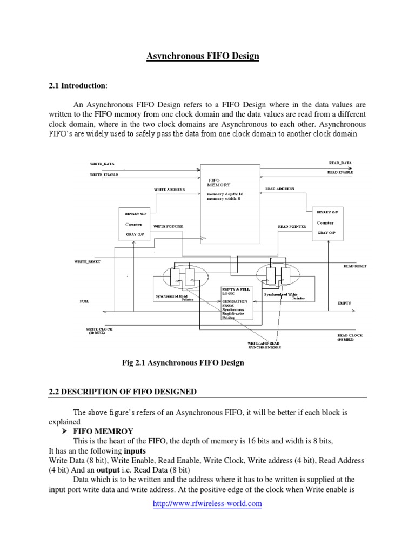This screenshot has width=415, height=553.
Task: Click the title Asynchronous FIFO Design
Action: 203,56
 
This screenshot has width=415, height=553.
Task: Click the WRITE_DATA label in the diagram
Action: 102,163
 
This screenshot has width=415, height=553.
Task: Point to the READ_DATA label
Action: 340,162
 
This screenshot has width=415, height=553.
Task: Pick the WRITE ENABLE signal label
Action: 104,174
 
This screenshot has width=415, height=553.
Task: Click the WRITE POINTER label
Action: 168,226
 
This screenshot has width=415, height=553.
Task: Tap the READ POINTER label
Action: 292,226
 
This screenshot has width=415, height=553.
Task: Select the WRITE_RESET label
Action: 87,261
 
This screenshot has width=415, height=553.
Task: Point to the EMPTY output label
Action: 344,303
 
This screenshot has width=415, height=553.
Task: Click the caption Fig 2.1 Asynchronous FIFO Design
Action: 183,363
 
